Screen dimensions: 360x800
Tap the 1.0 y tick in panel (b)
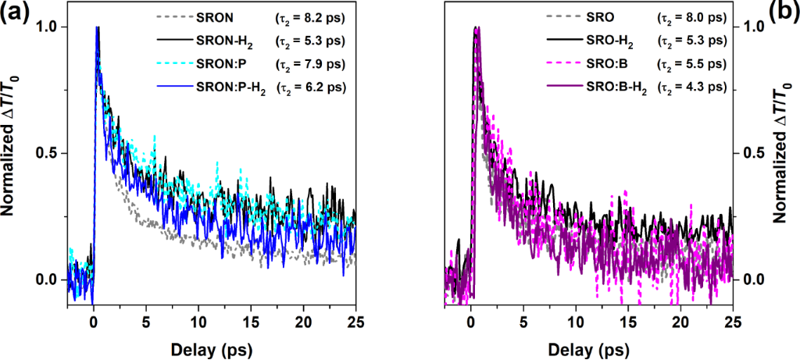[x=750, y=27]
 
